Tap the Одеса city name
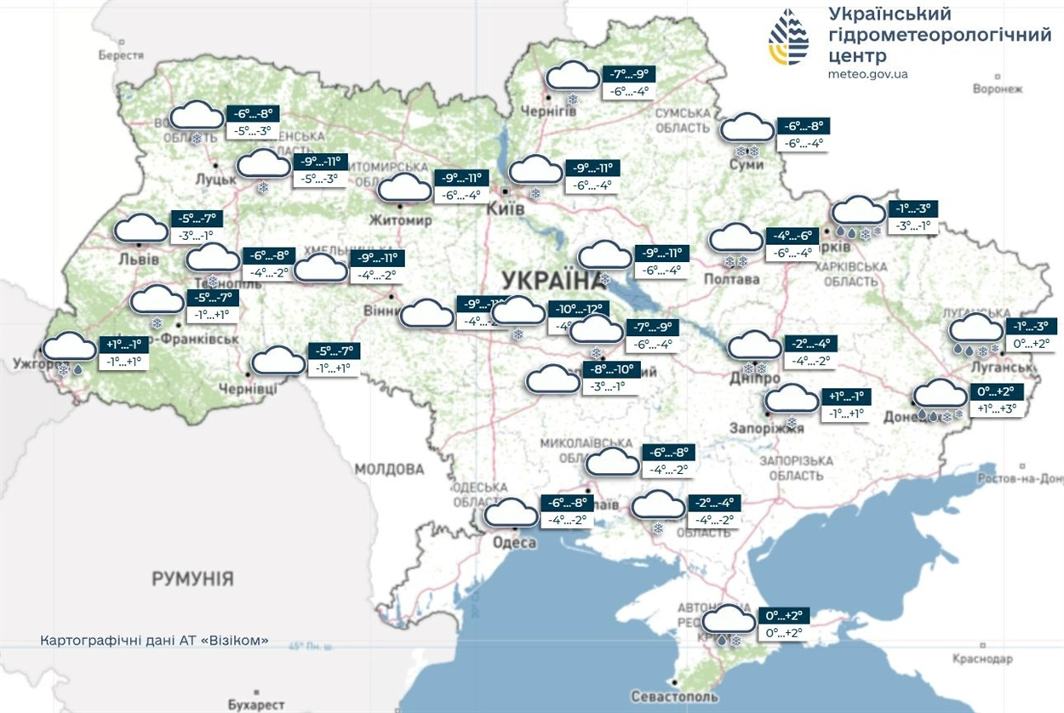tap(515, 543)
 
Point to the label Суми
tap(747, 164)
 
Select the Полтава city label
tap(733, 279)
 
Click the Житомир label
tap(401, 220)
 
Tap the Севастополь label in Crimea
tap(675, 697)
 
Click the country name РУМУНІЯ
tap(192, 579)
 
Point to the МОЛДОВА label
tap(389, 469)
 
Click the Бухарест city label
tap(256, 705)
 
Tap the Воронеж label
tap(997, 88)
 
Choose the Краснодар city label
tap(983, 659)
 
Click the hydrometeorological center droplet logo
tap(788, 37)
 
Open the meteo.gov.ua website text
tap(867, 74)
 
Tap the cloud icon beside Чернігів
tap(572, 77)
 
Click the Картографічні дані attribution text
tap(155, 639)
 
